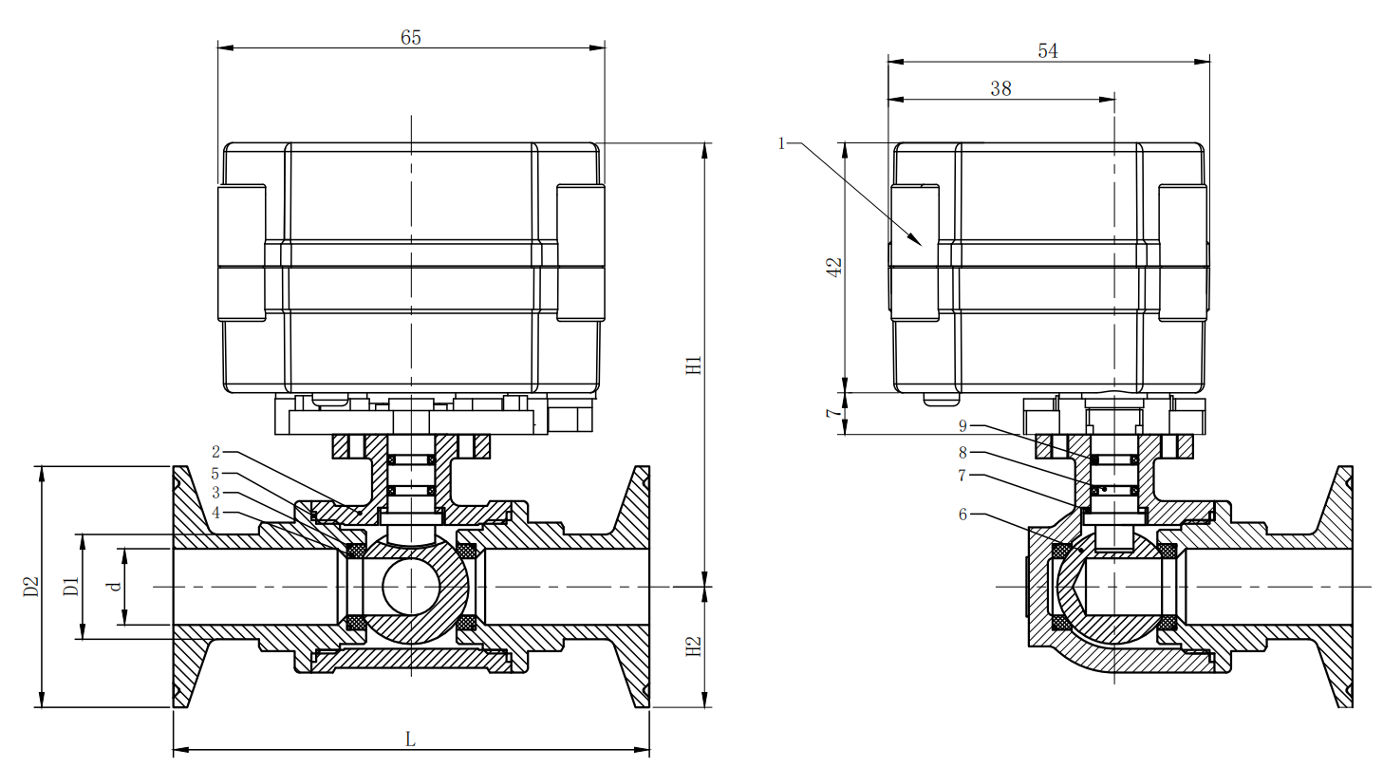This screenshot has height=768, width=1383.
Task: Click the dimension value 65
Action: pyautogui.click(x=411, y=38)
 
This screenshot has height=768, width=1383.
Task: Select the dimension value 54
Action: pyautogui.click(x=1048, y=50)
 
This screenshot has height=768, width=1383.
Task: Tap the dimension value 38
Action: pyautogui.click(x=1000, y=89)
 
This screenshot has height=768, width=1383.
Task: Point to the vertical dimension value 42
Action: pyautogui.click(x=834, y=268)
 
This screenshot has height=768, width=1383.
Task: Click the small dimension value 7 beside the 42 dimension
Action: pyautogui.click(x=833, y=413)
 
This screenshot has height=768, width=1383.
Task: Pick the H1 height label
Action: pyautogui.click(x=695, y=365)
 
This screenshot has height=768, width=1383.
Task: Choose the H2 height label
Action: pyautogui.click(x=695, y=646)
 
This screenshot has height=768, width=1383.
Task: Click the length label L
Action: pyautogui.click(x=411, y=739)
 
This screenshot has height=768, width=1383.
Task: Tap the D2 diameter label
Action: pyautogui.click(x=31, y=587)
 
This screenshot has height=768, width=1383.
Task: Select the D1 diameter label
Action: pyautogui.click(x=71, y=587)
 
